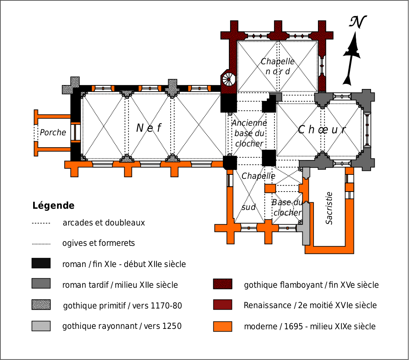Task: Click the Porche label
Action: (53, 133)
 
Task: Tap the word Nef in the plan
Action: (149, 128)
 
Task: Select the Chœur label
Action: (322, 130)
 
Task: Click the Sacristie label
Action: (329, 208)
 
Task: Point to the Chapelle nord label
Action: (278, 66)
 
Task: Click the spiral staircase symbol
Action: (229, 79)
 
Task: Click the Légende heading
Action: (53, 206)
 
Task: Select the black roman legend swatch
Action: (41, 263)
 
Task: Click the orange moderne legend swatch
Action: (222, 326)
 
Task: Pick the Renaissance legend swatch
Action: (222, 305)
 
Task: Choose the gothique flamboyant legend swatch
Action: (222, 284)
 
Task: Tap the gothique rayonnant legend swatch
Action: (41, 326)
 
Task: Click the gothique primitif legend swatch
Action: (41, 305)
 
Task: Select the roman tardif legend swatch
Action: (41, 284)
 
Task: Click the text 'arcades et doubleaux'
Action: (103, 223)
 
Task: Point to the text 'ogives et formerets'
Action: (98, 243)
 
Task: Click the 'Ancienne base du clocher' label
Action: (249, 133)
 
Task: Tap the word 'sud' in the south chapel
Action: (248, 207)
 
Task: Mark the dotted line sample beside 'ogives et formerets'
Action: (41, 243)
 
